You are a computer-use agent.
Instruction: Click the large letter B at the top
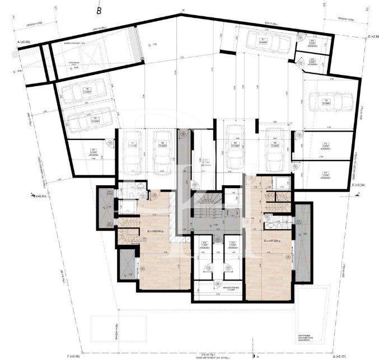pos(99,9)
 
